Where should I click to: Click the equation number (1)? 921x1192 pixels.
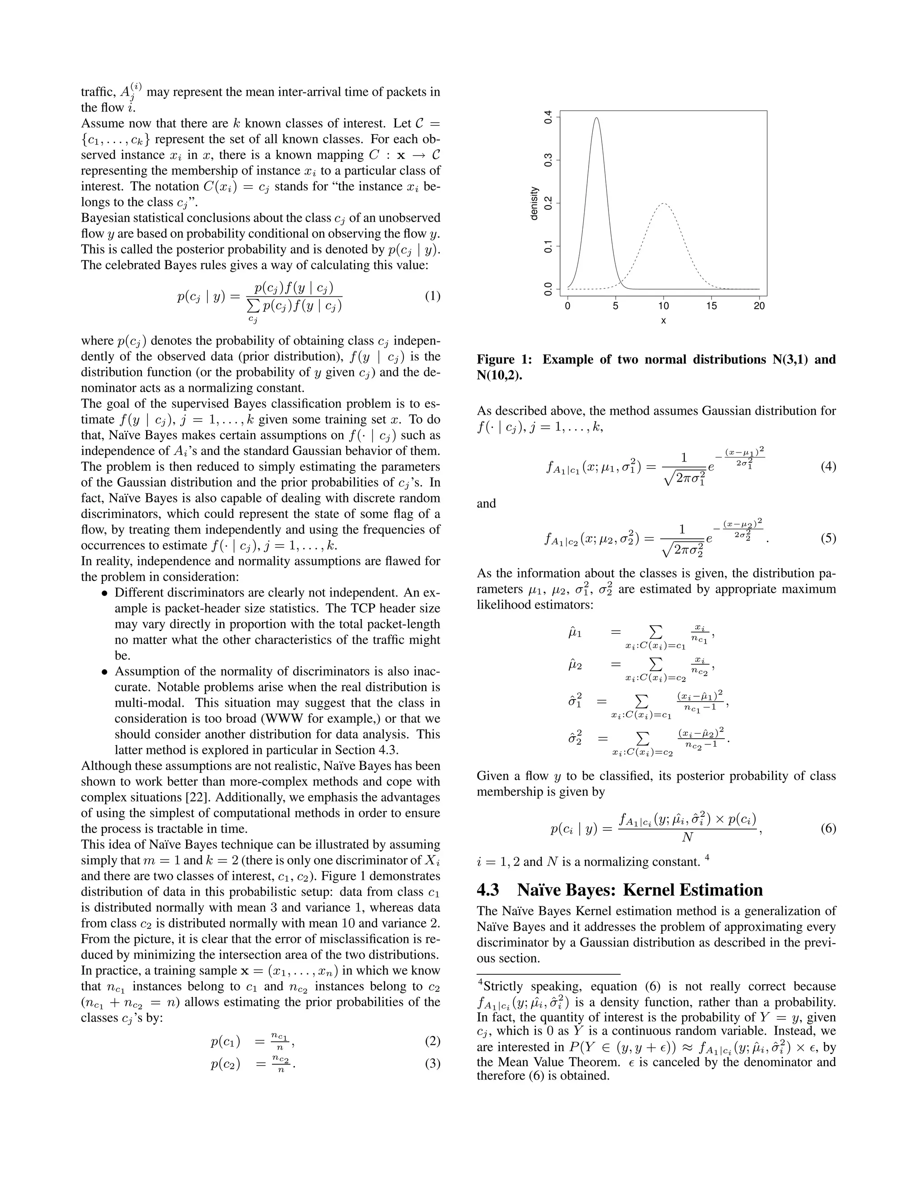432,296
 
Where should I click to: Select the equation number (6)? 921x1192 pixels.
828,829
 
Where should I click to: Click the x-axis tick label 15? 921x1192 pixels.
711,306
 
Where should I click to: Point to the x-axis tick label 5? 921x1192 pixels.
616,306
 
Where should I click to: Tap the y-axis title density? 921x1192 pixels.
534,203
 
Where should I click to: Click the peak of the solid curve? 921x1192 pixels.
596,117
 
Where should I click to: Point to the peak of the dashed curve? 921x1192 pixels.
663,203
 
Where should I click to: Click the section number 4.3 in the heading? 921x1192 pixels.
488,890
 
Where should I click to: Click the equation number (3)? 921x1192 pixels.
432,1064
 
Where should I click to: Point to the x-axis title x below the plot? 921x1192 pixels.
663,321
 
